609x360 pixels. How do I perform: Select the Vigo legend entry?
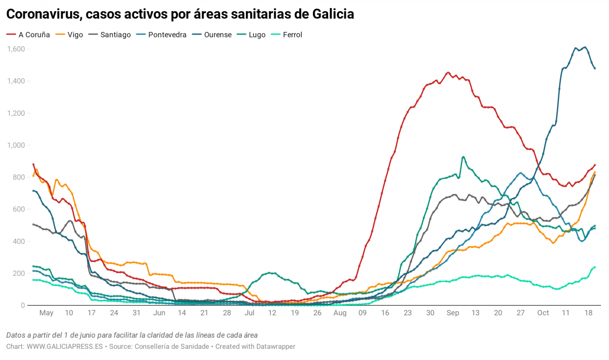click(72, 35)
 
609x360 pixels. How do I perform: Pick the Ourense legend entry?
click(217, 35)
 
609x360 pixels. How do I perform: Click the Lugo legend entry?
click(257, 35)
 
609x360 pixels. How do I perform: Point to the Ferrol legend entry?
click(292, 35)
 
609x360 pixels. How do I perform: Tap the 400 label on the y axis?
click(18, 241)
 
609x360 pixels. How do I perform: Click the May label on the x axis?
click(46, 313)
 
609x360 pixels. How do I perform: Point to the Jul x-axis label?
click(249, 313)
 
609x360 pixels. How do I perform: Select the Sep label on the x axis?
click(453, 313)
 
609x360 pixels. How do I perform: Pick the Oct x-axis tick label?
click(543, 313)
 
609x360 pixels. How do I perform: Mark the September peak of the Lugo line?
click(463, 157)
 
